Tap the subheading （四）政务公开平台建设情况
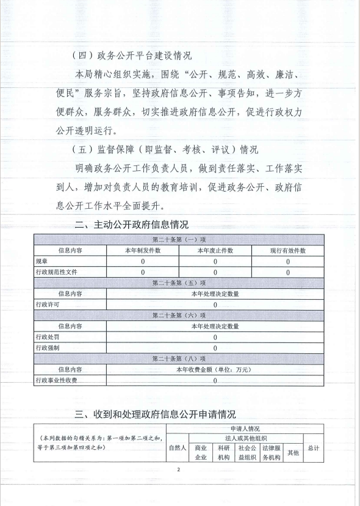pyautogui.click(x=131, y=56)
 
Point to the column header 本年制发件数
pyautogui.click(x=142, y=251)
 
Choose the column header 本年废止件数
pyautogui.click(x=215, y=251)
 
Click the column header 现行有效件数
pyautogui.click(x=288, y=251)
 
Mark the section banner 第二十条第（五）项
pyautogui.click(x=179, y=283)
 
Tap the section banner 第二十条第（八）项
pyautogui.click(x=179, y=358)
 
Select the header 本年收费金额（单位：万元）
pyautogui.click(x=215, y=369)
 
